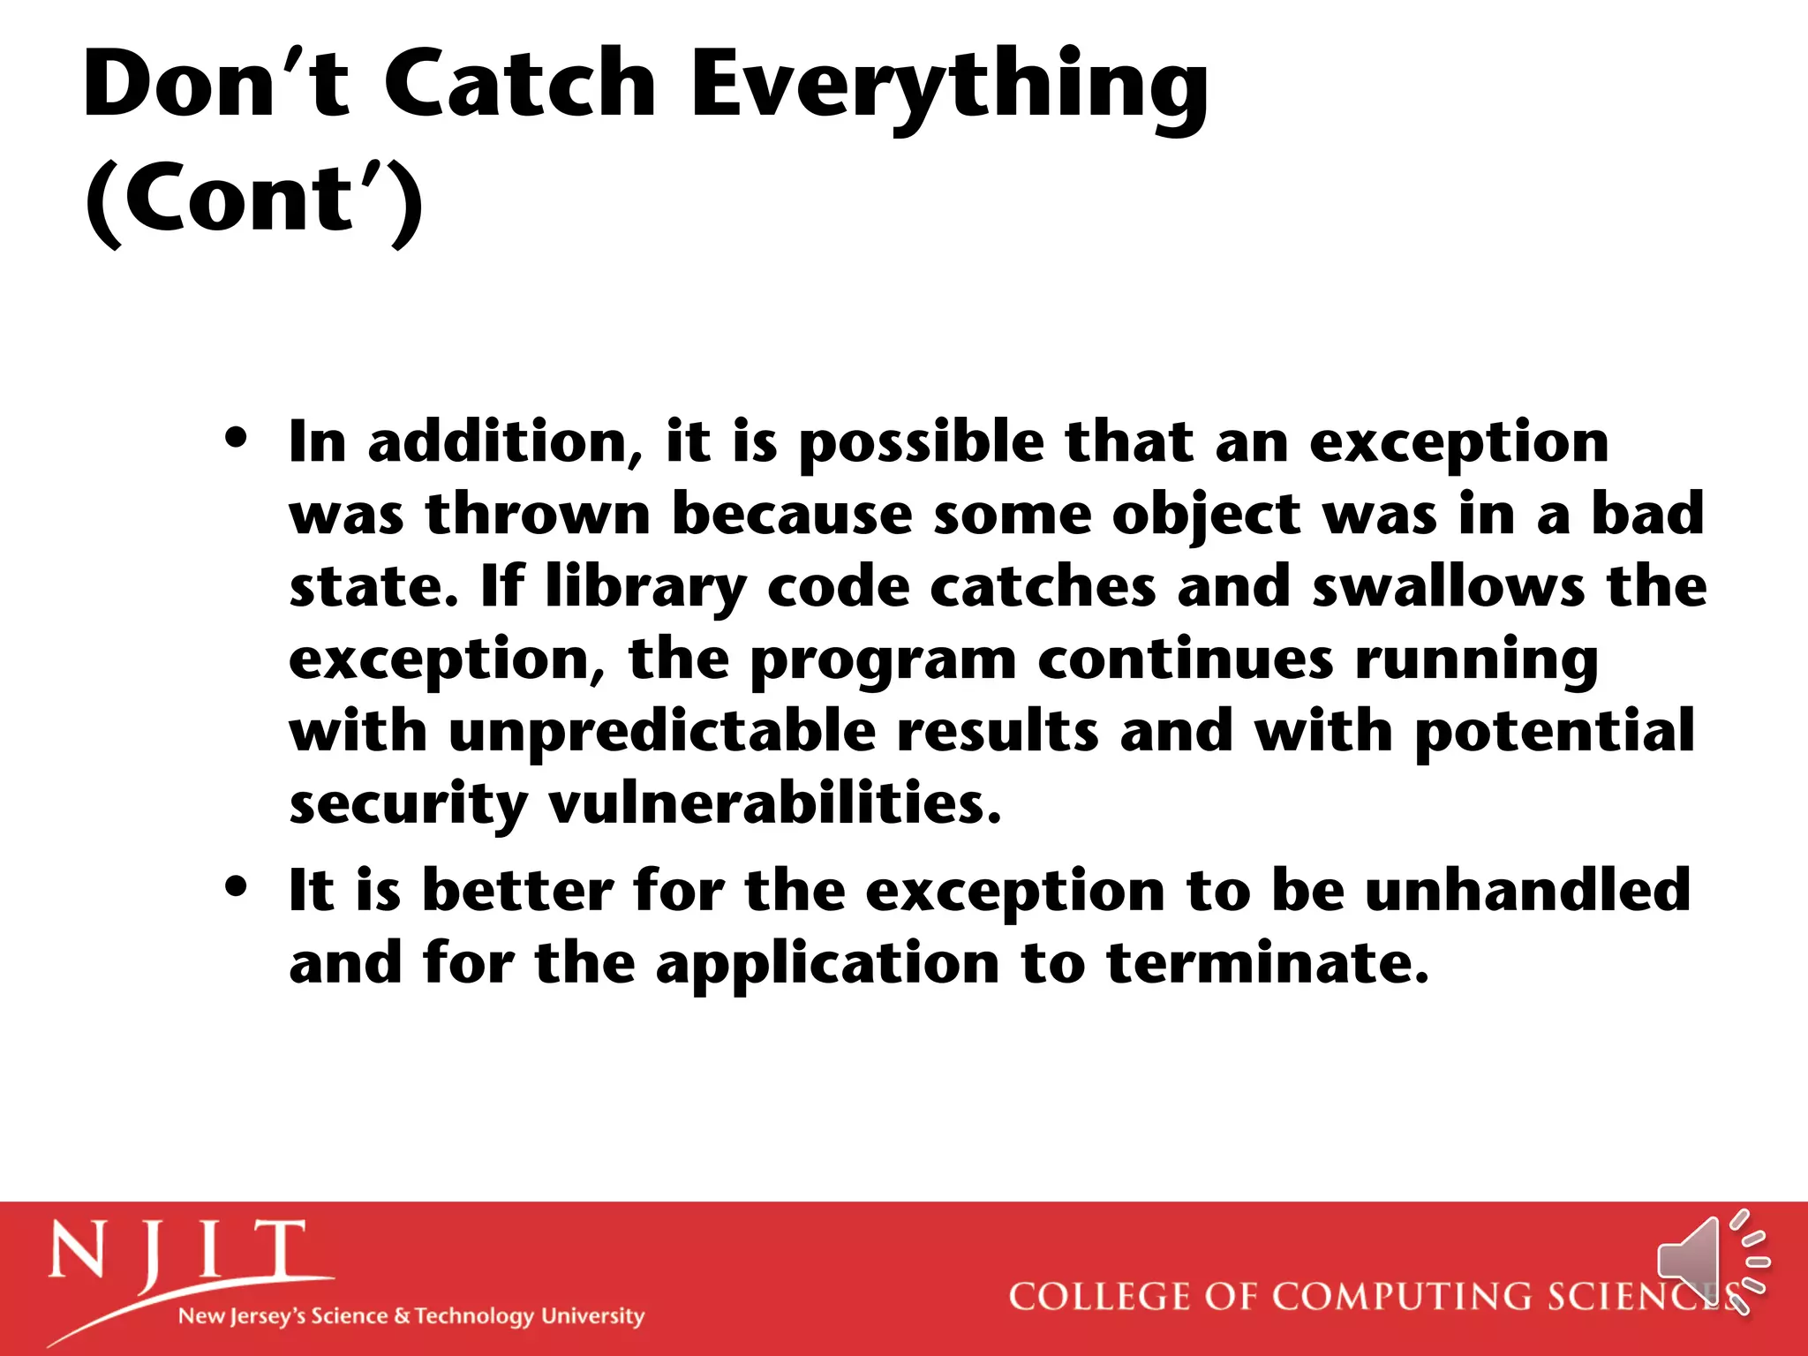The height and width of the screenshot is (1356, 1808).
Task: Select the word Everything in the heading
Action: (949, 88)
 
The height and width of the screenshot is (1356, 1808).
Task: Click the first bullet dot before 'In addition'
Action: (236, 438)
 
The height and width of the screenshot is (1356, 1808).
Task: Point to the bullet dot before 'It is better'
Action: (236, 886)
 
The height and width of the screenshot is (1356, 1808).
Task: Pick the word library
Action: (645, 588)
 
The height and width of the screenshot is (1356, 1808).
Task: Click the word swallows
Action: (1448, 586)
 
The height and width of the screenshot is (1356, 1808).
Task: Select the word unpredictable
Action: (662, 733)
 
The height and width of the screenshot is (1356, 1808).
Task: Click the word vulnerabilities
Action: (774, 803)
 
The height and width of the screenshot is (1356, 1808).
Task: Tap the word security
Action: (408, 805)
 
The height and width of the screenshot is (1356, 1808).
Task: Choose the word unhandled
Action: (1527, 890)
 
